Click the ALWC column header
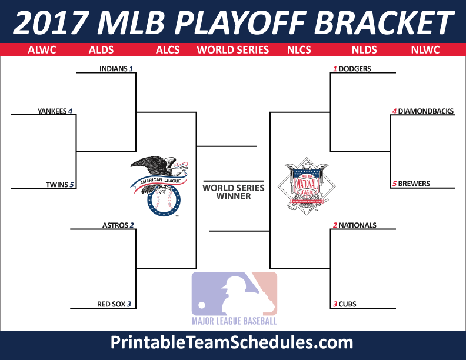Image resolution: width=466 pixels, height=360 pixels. point(42,50)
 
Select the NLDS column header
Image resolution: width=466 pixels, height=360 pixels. point(364,50)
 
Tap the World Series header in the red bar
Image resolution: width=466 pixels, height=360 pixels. point(232,50)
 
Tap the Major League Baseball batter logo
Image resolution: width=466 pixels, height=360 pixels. point(234,298)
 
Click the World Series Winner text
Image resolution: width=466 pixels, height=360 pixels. point(234,192)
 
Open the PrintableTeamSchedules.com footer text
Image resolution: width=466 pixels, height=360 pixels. point(232,342)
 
